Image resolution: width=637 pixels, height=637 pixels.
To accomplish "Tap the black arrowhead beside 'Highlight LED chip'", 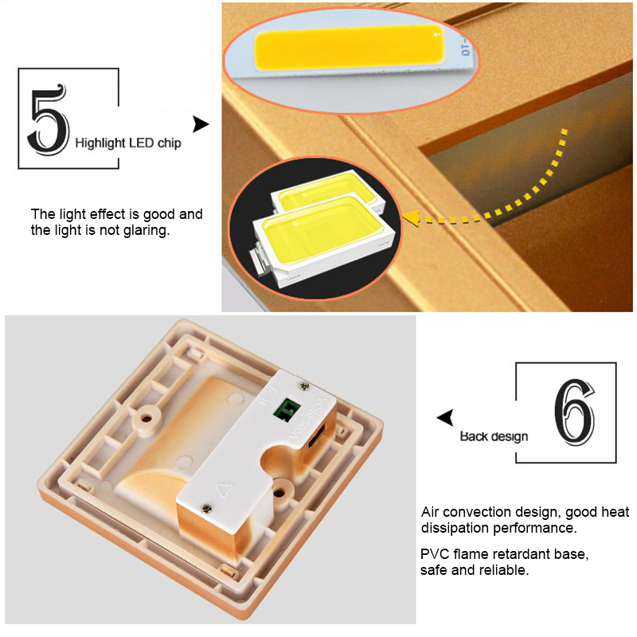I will [x=201, y=125].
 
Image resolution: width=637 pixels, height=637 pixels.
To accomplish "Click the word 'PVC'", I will [x=434, y=553].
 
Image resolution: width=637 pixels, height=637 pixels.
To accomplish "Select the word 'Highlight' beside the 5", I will [x=100, y=143].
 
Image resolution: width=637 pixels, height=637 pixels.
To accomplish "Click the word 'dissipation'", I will [x=453, y=528].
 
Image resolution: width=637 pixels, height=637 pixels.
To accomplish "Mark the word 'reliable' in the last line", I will [x=508, y=570].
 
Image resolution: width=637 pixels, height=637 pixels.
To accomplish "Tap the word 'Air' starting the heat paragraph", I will [x=430, y=512].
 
